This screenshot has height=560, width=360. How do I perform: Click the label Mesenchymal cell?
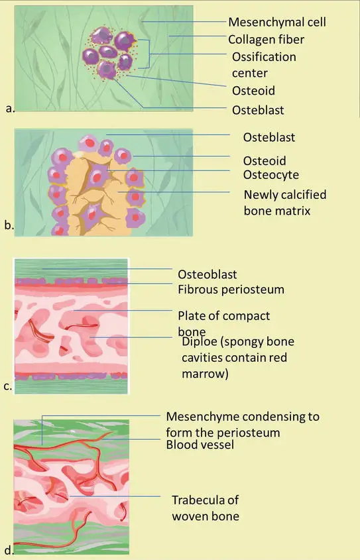(277, 22)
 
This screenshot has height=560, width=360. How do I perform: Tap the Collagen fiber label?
(266, 39)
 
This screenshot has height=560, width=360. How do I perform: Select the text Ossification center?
(264, 65)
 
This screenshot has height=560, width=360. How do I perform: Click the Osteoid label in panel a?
(253, 91)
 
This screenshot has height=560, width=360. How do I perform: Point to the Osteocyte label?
(271, 175)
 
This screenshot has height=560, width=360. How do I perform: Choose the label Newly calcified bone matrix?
(285, 203)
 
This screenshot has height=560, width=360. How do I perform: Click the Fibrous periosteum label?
(231, 290)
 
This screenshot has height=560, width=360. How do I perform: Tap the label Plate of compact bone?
(223, 323)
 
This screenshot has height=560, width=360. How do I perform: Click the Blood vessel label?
(200, 445)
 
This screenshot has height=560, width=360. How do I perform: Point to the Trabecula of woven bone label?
(206, 508)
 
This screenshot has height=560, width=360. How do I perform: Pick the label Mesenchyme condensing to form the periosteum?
(243, 424)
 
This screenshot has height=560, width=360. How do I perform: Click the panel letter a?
(10, 108)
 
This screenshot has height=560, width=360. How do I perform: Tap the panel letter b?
(9, 225)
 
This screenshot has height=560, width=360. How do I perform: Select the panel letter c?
(8, 386)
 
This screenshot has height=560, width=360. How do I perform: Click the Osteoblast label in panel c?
(207, 274)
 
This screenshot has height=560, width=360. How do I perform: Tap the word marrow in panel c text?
(205, 374)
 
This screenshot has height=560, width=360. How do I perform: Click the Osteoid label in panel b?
(265, 161)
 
